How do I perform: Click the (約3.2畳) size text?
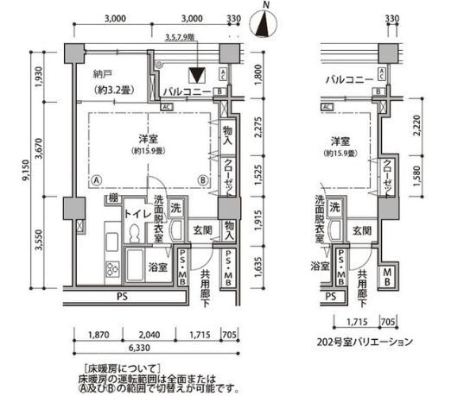[x=112, y=89]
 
